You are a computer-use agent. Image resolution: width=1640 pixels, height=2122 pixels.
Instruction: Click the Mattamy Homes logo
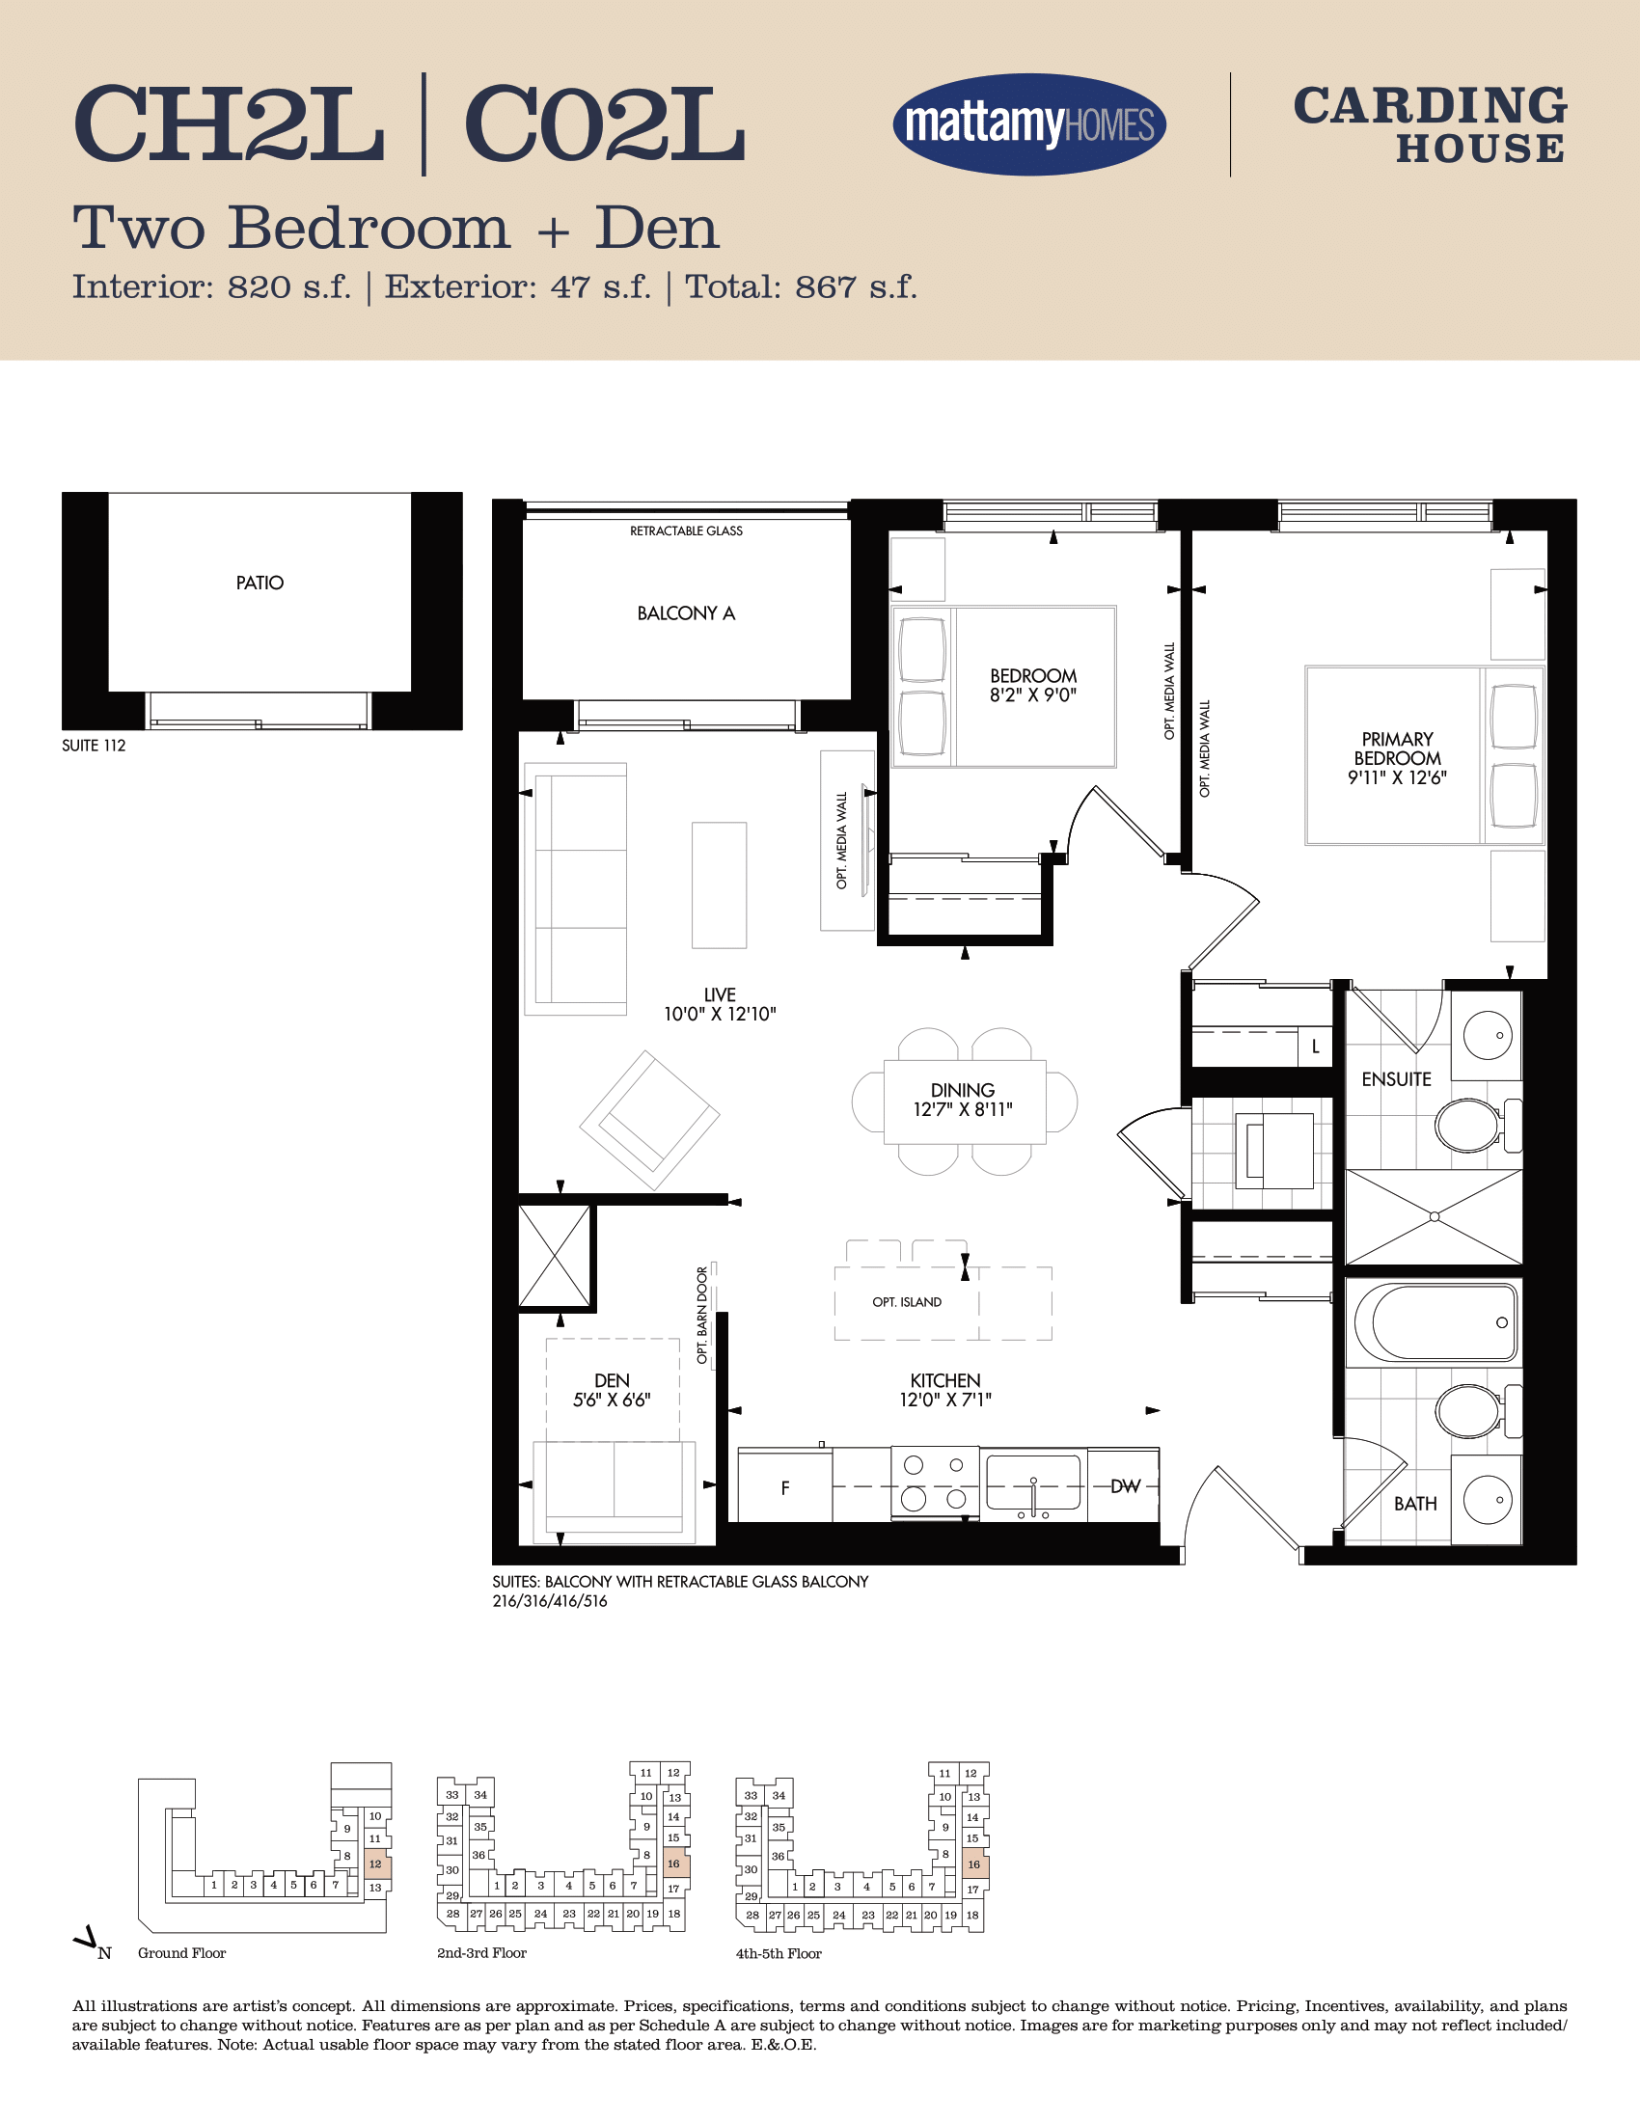click(1029, 124)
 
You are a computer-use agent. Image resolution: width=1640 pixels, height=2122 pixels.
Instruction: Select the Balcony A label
click(686, 613)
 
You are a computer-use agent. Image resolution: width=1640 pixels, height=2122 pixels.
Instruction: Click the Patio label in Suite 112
click(260, 583)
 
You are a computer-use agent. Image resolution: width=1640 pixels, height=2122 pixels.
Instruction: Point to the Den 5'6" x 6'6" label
click(612, 1389)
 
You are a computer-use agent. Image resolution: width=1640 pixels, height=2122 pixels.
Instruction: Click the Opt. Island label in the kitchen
click(907, 1302)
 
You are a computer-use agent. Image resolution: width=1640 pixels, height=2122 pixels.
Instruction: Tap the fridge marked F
click(785, 1486)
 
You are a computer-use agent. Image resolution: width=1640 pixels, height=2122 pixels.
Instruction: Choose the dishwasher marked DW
click(1124, 1485)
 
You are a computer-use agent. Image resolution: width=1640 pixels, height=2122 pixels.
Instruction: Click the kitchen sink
click(1033, 1483)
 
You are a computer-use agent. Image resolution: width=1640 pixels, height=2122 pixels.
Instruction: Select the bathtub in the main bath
click(1436, 1323)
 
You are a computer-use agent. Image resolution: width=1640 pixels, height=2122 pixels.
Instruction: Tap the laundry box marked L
click(1316, 1047)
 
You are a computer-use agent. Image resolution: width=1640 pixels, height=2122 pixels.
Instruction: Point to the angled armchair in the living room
click(649, 1120)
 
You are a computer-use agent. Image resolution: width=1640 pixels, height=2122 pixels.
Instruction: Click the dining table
click(965, 1102)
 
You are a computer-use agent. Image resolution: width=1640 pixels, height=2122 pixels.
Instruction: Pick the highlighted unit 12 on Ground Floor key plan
click(375, 1864)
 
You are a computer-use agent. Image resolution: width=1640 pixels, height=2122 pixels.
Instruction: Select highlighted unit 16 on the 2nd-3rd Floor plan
click(674, 1864)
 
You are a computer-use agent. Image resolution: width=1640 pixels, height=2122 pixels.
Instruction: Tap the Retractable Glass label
click(686, 530)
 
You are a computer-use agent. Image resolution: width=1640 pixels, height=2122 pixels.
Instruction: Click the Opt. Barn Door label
click(702, 1315)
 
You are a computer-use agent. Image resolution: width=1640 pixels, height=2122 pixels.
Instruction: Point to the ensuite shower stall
click(1434, 1216)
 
